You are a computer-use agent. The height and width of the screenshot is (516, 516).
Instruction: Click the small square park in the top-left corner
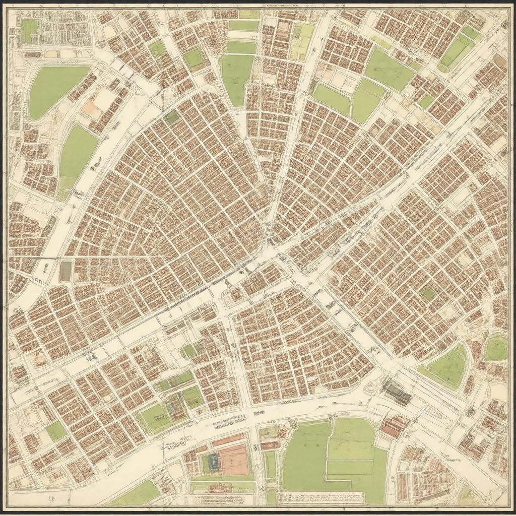tap(29, 31)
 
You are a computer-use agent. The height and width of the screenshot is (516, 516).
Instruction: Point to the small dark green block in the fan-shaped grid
tap(172, 117)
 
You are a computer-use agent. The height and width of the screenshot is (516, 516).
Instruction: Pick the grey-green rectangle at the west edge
tap(66, 271)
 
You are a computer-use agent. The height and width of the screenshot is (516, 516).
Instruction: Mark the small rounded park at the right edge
tap(496, 349)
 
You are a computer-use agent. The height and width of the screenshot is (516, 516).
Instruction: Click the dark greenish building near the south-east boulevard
tap(397, 392)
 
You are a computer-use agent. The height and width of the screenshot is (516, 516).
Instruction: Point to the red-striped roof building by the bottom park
tap(394, 426)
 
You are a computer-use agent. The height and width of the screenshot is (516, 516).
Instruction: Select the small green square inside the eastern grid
tap(428, 293)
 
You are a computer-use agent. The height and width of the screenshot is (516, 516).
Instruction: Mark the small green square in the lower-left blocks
tap(55, 431)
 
